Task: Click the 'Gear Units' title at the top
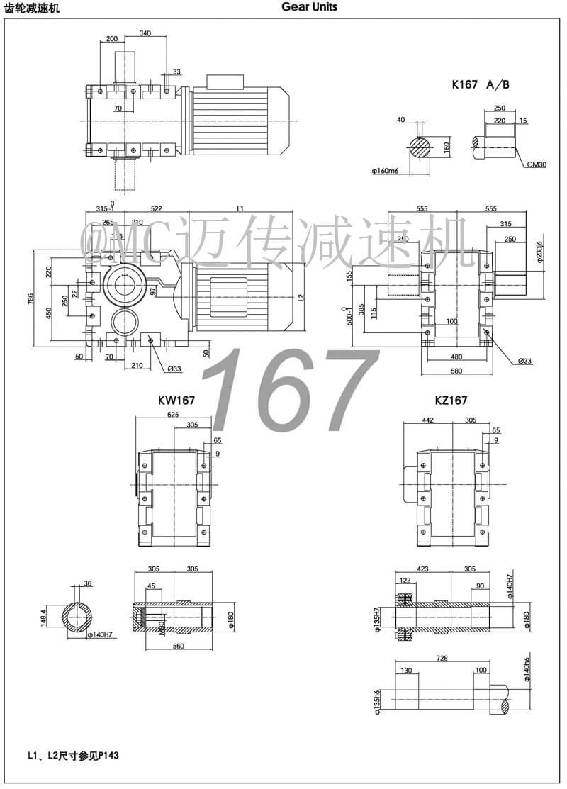click(309, 7)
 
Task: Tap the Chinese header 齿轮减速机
click(33, 8)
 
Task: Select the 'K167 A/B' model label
click(481, 84)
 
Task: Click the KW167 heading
click(176, 401)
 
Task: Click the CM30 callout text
click(536, 164)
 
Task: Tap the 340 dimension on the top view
click(145, 33)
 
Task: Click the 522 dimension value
click(157, 208)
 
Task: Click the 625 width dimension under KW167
click(172, 415)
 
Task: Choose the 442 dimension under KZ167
click(427, 420)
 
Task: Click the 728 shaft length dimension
click(442, 659)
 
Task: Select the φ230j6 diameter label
click(539, 251)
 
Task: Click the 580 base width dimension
click(456, 371)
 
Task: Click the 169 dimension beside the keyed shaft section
click(447, 147)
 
